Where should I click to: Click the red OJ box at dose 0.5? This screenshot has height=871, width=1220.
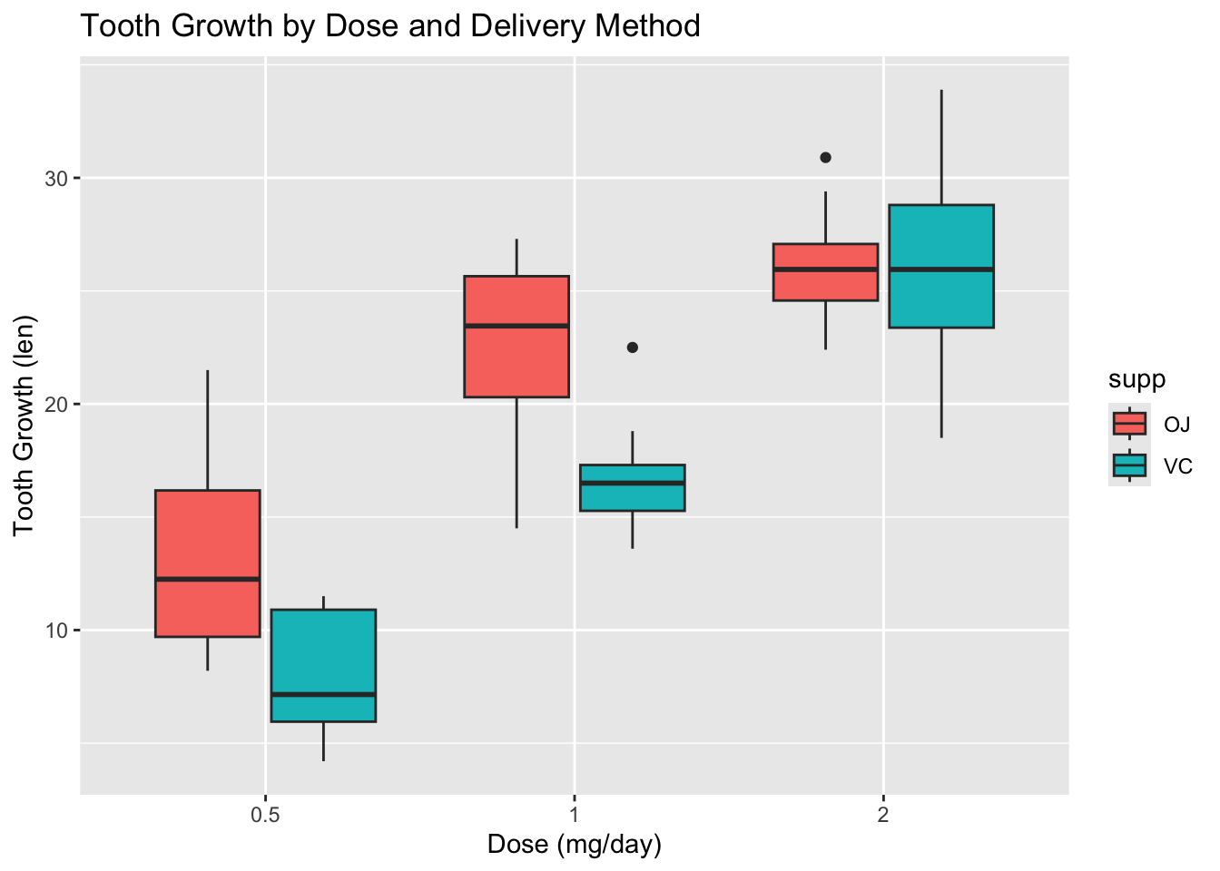point(208,544)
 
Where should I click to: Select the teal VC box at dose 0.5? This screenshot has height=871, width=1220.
point(323,653)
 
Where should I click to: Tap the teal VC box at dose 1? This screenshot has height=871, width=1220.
point(632,494)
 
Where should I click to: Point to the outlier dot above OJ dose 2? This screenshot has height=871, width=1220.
point(825,157)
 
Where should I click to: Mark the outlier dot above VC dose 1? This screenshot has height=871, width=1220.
point(633,347)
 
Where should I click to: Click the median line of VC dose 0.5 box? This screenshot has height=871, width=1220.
point(323,694)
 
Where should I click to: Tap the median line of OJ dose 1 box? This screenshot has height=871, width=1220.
point(517,325)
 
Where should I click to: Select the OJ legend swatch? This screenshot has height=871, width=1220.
point(1129,424)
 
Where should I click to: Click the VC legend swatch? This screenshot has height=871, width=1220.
point(1129,465)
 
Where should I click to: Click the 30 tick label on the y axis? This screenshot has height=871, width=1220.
point(57,179)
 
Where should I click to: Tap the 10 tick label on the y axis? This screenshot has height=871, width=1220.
point(57,631)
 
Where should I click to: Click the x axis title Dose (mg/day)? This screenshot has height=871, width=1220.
point(575,845)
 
